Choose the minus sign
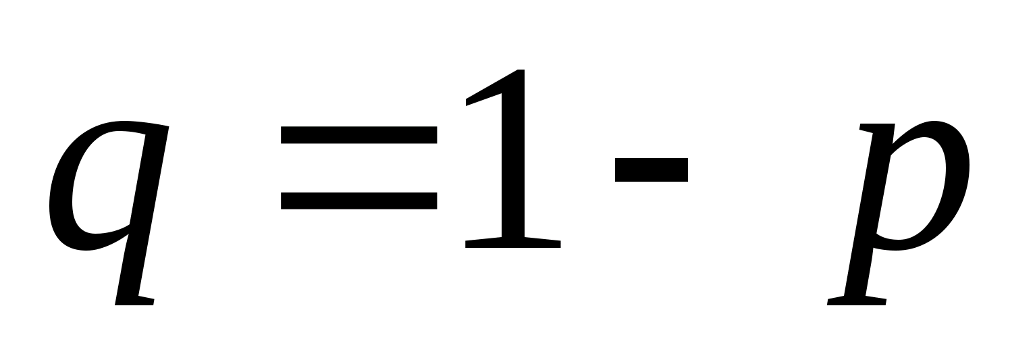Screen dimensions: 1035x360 (651, 170)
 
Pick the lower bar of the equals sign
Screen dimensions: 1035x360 (358, 201)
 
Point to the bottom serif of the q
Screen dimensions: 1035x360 (135, 301)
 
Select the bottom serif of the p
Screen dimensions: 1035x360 (856, 301)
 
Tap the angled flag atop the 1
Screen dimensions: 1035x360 (483, 91)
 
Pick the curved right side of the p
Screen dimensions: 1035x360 (959, 176)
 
